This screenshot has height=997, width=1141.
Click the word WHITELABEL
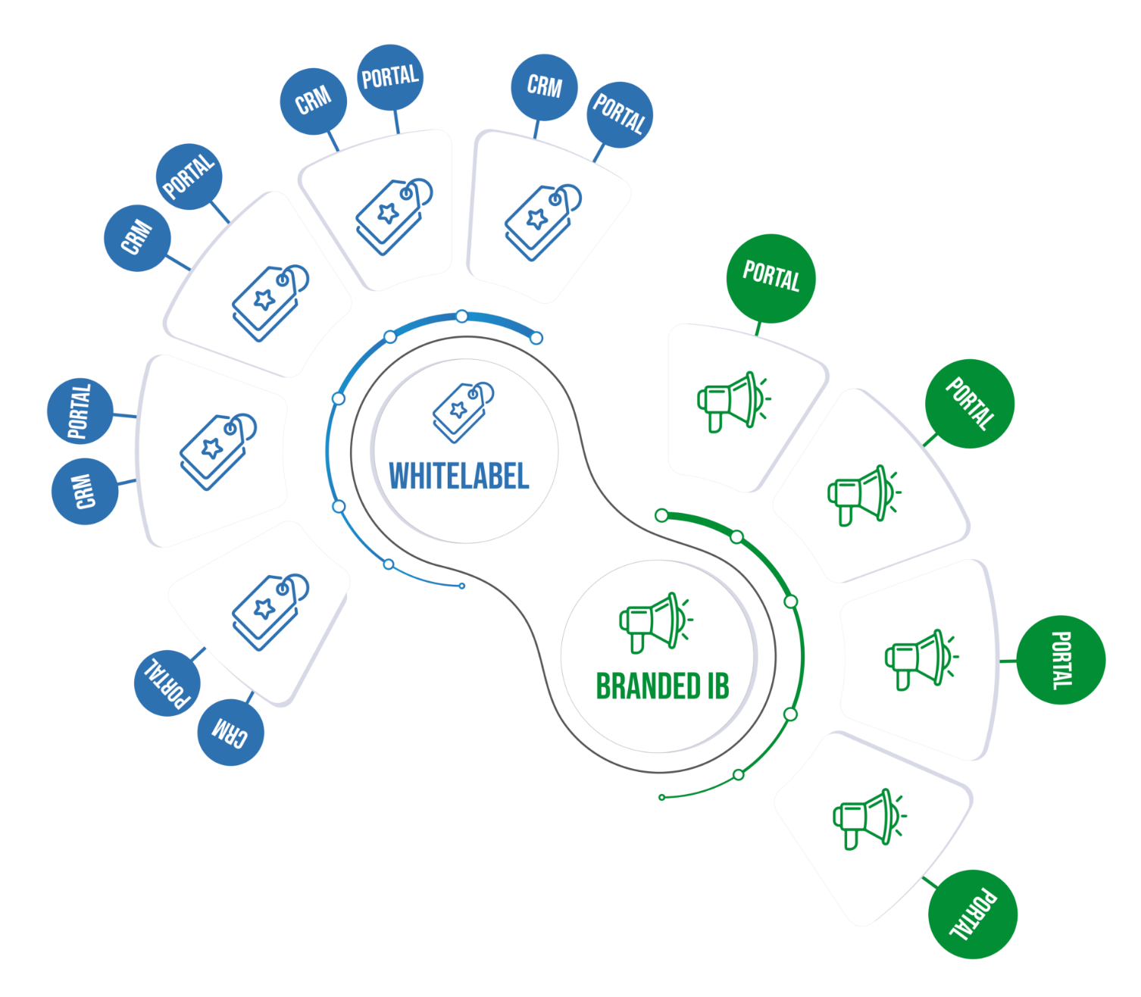tap(458, 477)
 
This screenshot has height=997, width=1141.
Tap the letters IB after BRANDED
tap(717, 686)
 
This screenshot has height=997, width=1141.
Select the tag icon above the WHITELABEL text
tap(463, 411)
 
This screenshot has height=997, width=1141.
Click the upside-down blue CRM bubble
tap(230, 732)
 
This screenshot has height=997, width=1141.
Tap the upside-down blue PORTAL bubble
tap(167, 683)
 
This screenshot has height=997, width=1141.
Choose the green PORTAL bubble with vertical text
tap(1061, 660)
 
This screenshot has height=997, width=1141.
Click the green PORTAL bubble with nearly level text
tap(771, 277)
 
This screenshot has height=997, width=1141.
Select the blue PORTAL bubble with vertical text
tap(80, 411)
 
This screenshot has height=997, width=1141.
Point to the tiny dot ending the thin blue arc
tap(462, 586)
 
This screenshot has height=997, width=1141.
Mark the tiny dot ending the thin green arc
tap(661, 797)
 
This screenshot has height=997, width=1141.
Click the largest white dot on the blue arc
tap(536, 338)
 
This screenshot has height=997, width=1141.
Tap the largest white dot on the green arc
tap(661, 516)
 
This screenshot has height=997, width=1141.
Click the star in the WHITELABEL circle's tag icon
tap(458, 410)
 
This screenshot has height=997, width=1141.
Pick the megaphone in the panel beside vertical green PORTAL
tap(920, 658)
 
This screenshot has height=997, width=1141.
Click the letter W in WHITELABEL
tap(399, 477)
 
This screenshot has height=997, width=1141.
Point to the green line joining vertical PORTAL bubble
tap(1008, 661)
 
